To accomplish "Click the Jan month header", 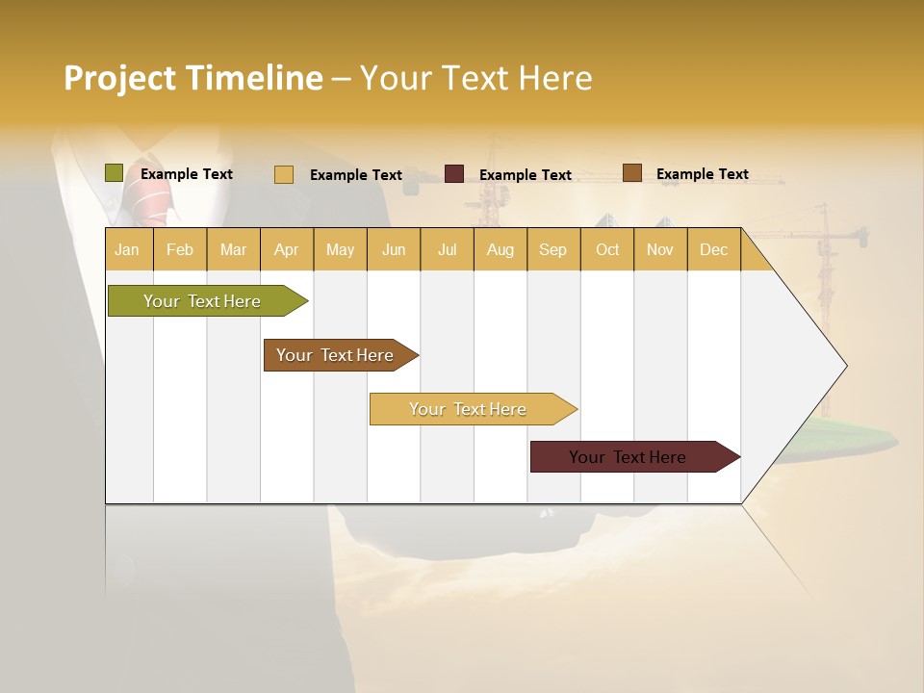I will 128,249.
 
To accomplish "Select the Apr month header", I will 287,249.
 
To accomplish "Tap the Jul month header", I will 448,249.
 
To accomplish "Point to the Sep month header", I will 552,249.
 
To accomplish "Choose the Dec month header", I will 713,249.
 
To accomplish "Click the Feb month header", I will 180,249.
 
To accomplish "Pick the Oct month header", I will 607,249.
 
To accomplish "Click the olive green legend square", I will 115,173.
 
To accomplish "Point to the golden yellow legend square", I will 284,174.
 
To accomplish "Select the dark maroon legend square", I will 454,174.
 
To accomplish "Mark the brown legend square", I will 632,173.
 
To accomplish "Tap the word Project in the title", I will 119,78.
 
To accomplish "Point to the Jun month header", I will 394,249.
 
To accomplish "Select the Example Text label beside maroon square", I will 526,175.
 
